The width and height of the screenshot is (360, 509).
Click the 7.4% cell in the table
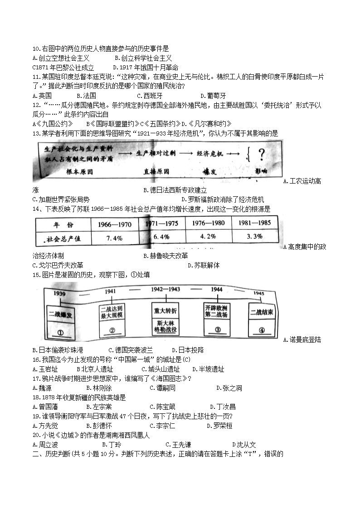pyautogui.click(x=114, y=238)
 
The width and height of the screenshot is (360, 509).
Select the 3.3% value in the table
pyautogui.click(x=255, y=237)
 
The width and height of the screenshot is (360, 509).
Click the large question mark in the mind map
pyautogui.click(x=262, y=155)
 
